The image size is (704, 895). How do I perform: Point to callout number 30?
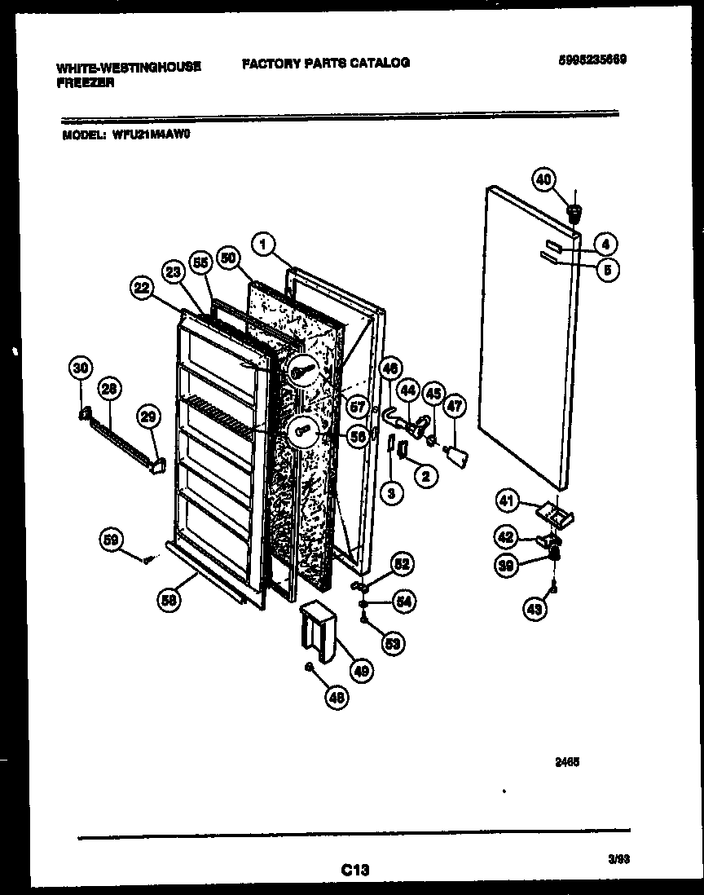coord(80,368)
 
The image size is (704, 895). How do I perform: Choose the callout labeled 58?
coord(169,600)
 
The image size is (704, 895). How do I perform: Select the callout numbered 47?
coord(455,406)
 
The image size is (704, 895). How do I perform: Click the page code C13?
coord(355,871)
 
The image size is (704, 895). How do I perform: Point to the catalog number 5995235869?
coord(592,60)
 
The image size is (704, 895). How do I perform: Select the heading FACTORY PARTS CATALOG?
coord(326,63)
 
